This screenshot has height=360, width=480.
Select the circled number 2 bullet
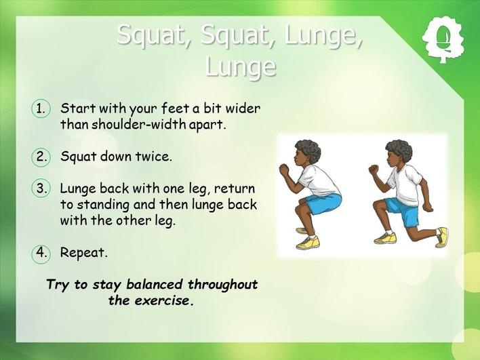point(41,157)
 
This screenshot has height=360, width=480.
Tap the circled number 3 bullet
point(41,188)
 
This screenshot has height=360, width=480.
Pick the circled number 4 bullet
point(41,253)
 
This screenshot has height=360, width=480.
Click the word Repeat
point(84,254)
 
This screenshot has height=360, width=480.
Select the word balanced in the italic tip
point(155,284)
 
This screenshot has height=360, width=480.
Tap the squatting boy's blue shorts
point(323,203)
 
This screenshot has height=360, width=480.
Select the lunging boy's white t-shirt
point(404,184)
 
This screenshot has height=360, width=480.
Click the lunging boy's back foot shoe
point(442,237)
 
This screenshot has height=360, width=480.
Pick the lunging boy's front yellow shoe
point(385,238)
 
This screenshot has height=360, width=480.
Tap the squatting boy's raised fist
point(284,170)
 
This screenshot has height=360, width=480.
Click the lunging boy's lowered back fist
point(428,207)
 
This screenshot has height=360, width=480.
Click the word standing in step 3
point(103,205)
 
